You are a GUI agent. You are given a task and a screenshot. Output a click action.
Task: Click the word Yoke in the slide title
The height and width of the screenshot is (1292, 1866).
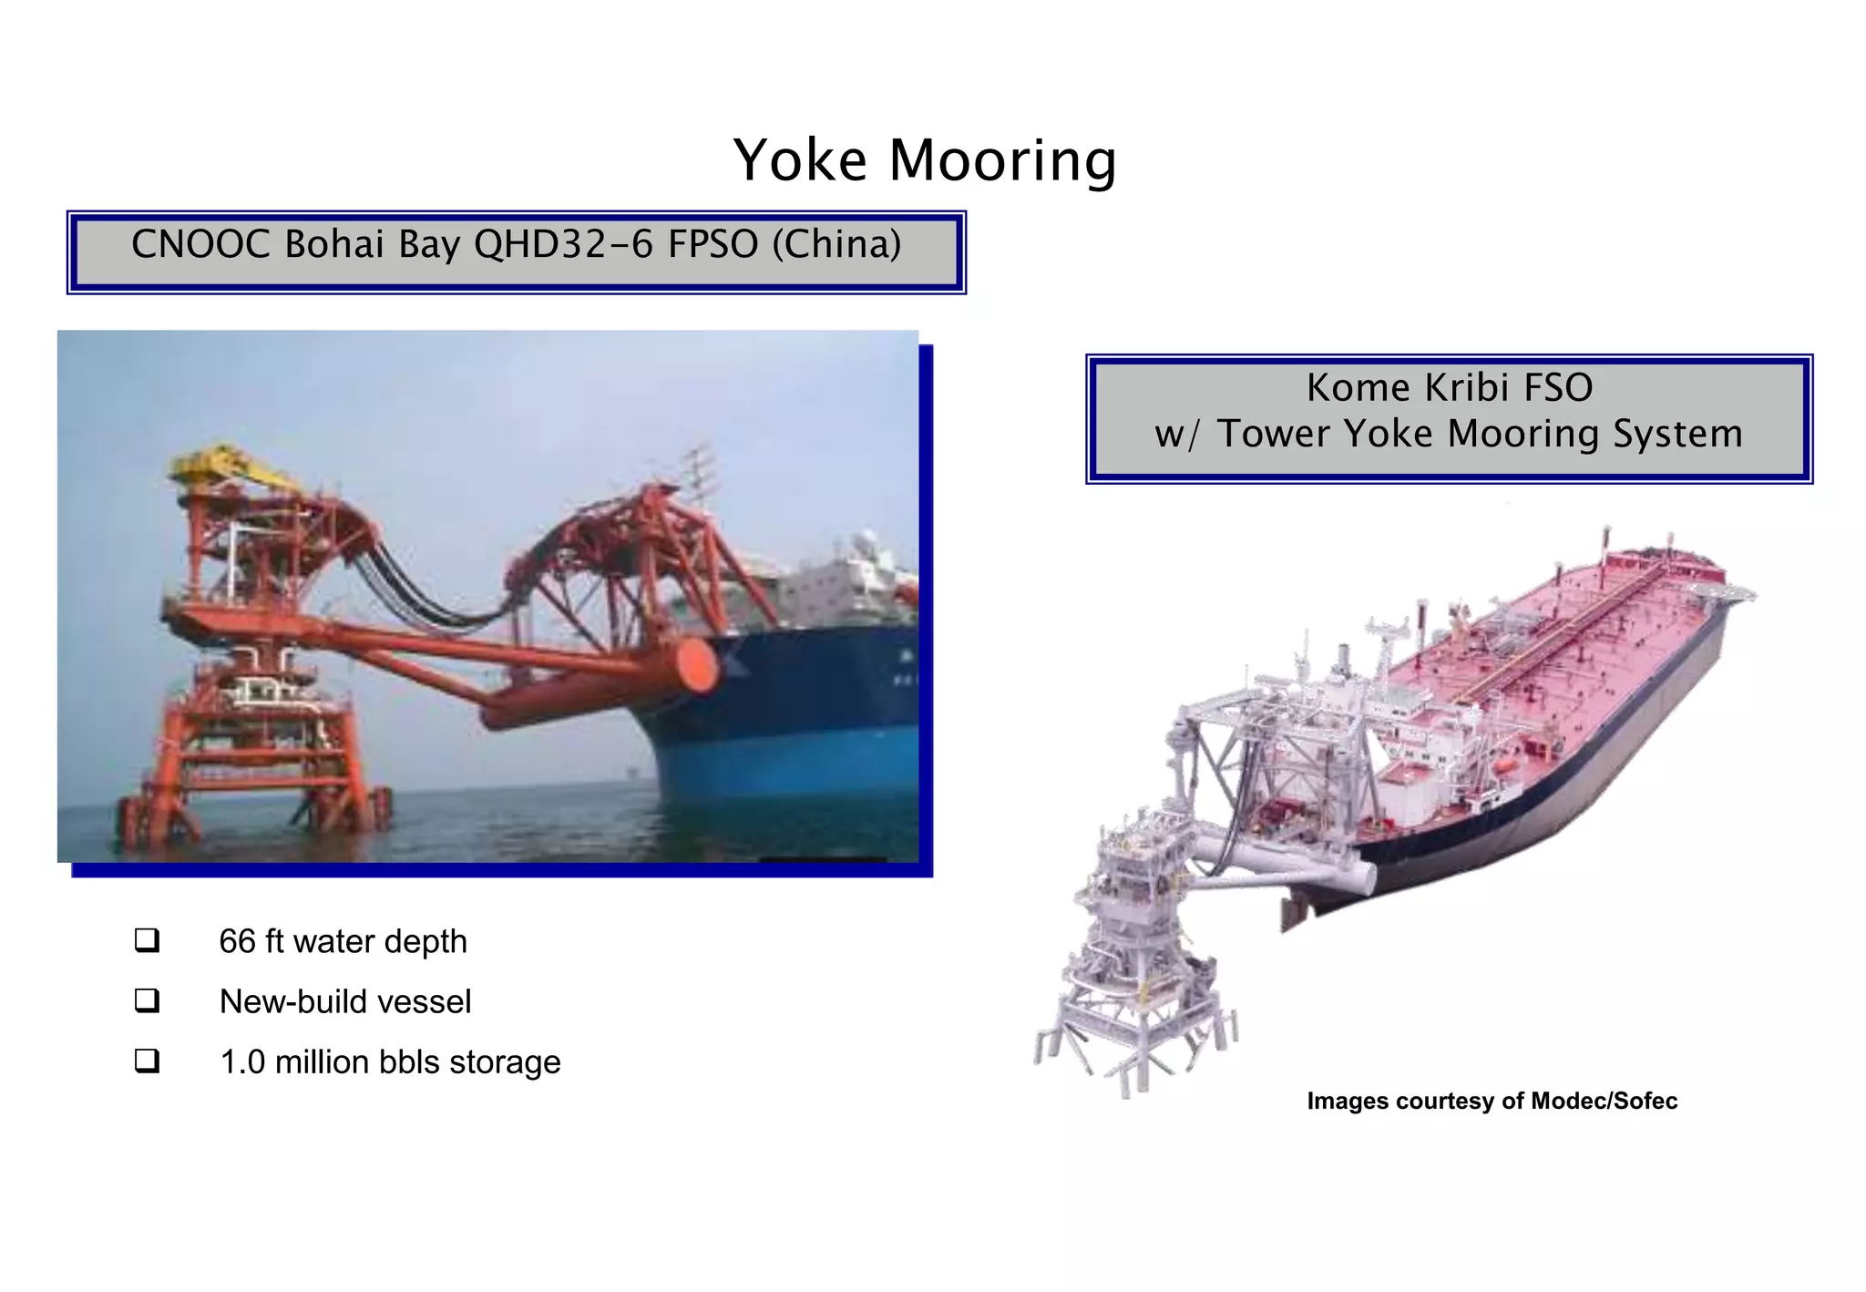point(800,161)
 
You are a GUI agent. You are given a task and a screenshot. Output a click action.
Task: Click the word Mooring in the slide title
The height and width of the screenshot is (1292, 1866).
point(1002,161)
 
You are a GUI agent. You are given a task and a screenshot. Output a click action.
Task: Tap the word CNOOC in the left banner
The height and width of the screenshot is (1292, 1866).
point(200,244)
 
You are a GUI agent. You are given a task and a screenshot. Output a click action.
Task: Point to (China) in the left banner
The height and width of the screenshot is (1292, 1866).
point(836,244)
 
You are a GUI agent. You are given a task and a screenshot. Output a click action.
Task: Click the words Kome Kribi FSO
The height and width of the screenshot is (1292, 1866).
point(1449,388)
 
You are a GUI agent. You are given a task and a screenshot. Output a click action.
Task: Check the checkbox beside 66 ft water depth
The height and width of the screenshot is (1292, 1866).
point(147,940)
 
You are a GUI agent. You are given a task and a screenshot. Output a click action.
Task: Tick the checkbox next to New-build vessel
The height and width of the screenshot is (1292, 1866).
point(147,1000)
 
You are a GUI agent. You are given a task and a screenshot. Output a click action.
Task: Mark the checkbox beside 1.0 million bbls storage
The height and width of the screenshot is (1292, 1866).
point(147,1061)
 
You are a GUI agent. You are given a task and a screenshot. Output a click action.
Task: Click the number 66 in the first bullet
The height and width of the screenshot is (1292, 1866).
point(237,941)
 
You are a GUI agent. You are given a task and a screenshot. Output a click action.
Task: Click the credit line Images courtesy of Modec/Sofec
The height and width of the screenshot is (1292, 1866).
point(1492,1101)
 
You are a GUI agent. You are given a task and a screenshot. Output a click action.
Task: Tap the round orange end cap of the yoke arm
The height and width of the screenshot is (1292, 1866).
point(694,663)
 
